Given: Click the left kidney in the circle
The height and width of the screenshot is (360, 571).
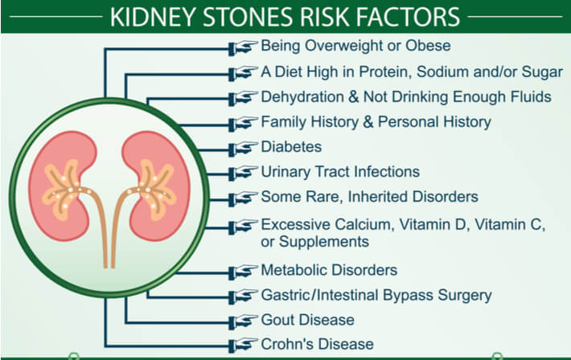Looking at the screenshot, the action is click(63, 186).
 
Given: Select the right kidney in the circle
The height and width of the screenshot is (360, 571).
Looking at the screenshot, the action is click(156, 186).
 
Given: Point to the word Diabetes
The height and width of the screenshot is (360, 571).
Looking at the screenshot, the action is click(291, 147).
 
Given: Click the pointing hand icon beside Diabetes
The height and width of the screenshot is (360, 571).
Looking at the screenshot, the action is click(244, 148).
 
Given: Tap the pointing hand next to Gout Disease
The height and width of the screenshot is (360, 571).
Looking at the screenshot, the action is click(244, 321).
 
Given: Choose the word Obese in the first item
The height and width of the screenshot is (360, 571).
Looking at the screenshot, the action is click(428, 46).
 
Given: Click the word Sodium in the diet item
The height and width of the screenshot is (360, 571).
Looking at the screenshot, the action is click(442, 72).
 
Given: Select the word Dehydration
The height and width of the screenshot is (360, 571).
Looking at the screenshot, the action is click(302, 96).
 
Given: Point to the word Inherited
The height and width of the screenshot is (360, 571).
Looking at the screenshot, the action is click(377, 197).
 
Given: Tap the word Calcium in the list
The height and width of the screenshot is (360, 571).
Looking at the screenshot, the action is click(364, 224).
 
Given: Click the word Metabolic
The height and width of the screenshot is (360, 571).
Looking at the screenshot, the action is click(294, 270).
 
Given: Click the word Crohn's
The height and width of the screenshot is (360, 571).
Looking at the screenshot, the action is click(283, 345).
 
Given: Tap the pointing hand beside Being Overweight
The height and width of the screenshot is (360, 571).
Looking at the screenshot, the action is click(244, 47).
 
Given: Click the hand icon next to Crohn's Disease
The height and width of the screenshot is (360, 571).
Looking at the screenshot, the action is click(244, 345).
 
